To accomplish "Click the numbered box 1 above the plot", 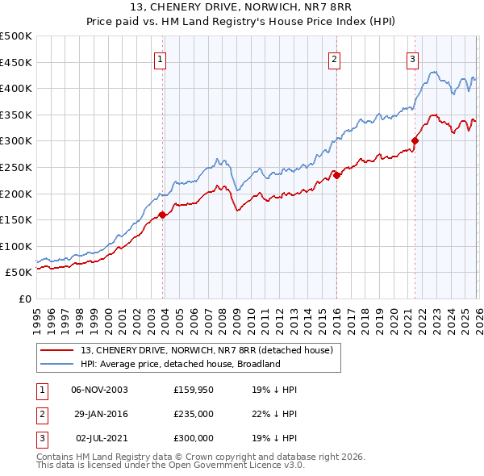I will coord(160,58).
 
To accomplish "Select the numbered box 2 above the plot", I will coord(334,58).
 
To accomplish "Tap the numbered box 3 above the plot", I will coord(412,58).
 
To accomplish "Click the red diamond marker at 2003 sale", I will coord(162,215).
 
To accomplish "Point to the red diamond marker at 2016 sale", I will coord(336,175).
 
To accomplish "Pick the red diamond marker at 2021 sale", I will coord(415,140).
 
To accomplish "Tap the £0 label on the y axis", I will coord(24,299).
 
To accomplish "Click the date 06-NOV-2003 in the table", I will coord(99,390).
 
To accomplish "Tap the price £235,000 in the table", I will coord(194,414).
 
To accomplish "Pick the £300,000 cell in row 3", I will coord(194,438).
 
